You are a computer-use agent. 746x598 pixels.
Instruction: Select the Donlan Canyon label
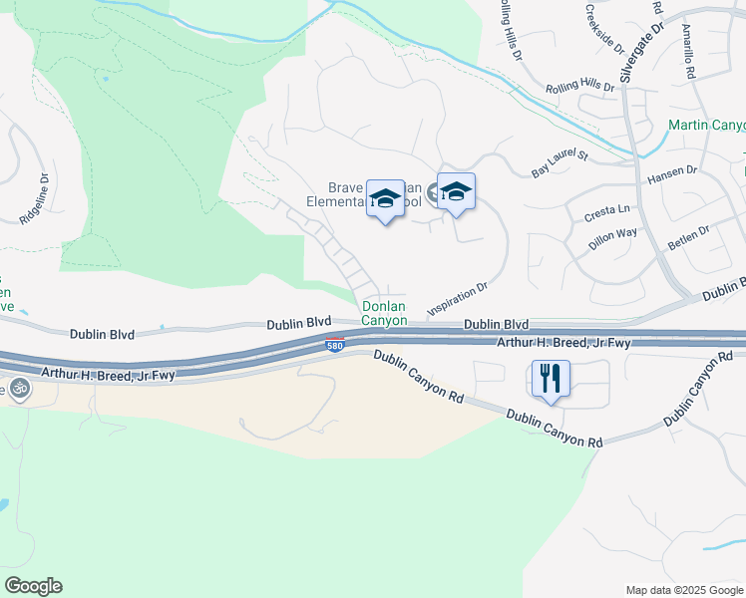[x=384, y=314]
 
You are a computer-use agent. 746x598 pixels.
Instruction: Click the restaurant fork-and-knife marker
[x=551, y=380]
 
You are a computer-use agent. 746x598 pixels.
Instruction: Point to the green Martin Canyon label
[x=706, y=126]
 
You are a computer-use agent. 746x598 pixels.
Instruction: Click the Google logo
[x=33, y=585]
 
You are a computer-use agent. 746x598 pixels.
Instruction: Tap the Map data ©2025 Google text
[x=683, y=590]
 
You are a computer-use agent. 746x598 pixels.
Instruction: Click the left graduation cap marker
[x=385, y=199]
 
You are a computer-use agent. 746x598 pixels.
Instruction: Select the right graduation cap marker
[x=456, y=192]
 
